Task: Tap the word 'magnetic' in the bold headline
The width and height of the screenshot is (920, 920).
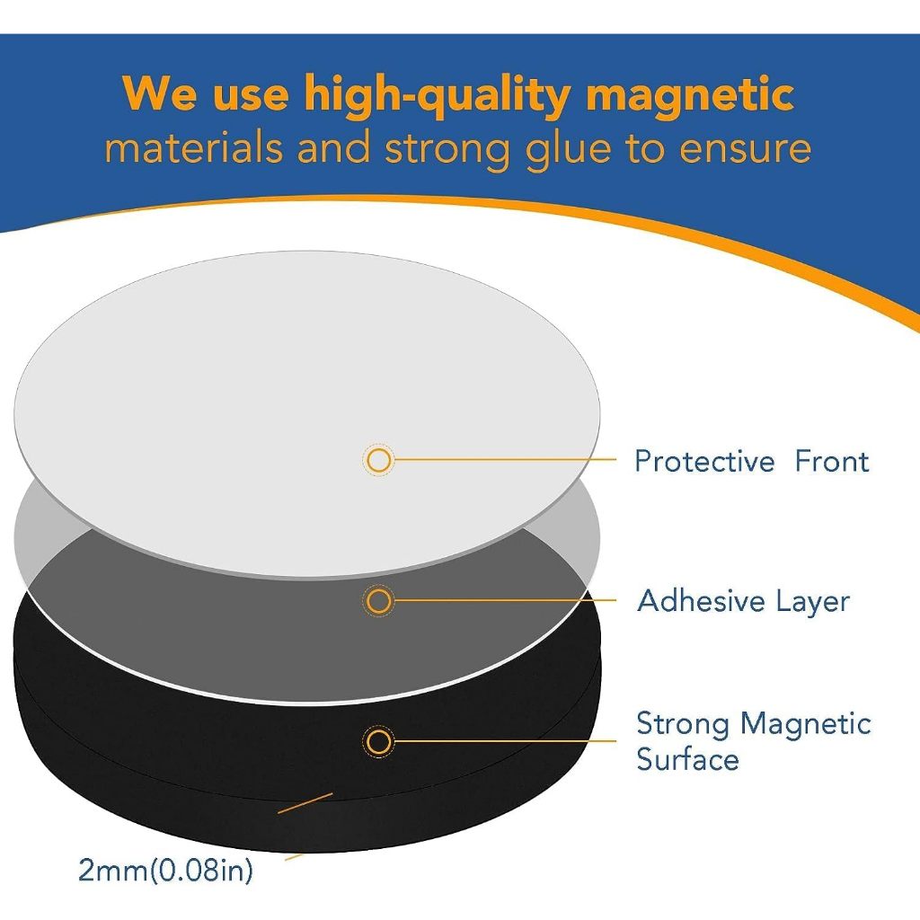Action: (690, 93)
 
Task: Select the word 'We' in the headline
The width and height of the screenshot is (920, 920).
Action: (159, 93)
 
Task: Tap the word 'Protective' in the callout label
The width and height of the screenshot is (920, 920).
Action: (704, 461)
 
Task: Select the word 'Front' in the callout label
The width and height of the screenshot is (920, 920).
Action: (832, 461)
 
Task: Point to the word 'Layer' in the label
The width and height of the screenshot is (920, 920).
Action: (813, 603)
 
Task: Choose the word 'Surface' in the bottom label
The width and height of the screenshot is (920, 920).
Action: (687, 759)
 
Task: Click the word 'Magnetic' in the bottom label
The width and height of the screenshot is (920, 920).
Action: (806, 725)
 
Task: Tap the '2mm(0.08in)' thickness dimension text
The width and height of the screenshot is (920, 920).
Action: (166, 870)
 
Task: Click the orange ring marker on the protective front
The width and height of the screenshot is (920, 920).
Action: (378, 461)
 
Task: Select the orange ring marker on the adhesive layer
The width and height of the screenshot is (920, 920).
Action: (378, 601)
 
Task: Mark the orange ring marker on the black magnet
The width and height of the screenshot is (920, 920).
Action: (378, 741)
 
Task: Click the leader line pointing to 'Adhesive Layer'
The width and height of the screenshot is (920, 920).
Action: (505, 600)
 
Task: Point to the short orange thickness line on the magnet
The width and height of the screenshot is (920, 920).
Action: (305, 803)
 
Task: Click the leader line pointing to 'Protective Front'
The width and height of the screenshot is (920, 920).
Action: (505, 459)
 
